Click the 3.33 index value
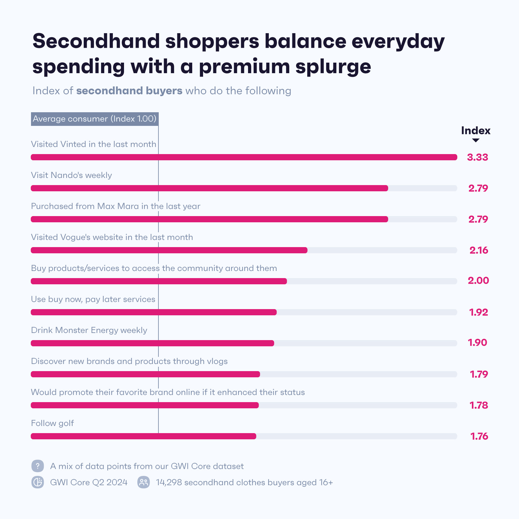(x=477, y=157)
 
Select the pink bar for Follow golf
(x=143, y=436)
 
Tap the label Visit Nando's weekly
(x=71, y=175)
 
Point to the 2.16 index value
(x=478, y=250)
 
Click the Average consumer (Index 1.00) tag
(x=95, y=119)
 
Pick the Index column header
(x=476, y=131)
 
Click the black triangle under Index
(x=476, y=140)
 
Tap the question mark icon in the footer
(x=38, y=466)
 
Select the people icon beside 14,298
(x=144, y=482)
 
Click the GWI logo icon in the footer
(x=38, y=482)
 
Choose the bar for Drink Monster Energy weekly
(x=152, y=343)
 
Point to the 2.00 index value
(x=478, y=281)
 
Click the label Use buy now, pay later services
(x=93, y=299)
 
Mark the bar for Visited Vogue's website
(x=169, y=250)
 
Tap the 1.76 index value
(x=479, y=436)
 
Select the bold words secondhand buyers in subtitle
(x=129, y=91)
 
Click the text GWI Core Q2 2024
(x=89, y=482)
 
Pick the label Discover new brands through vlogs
(x=129, y=361)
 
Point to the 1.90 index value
(x=477, y=343)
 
